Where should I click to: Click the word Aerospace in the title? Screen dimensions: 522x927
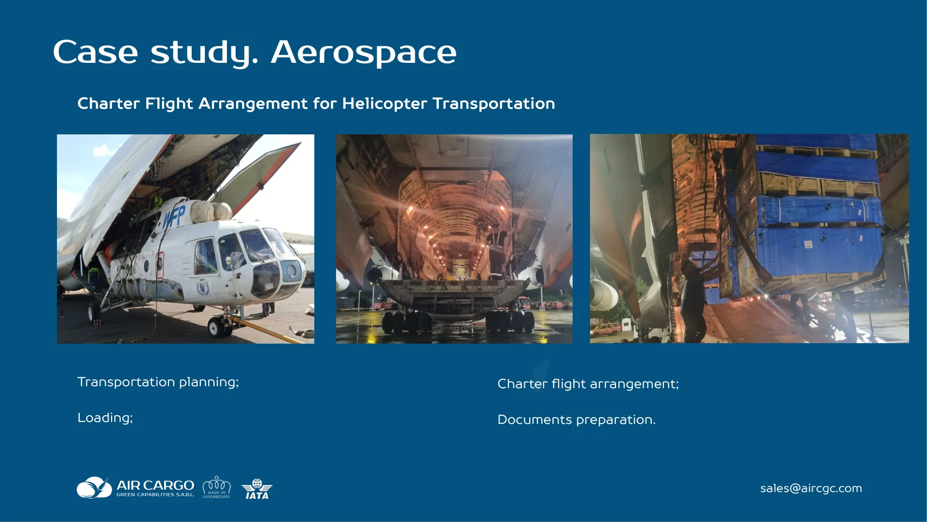click(x=363, y=52)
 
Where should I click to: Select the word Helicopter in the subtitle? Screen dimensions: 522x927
click(x=384, y=103)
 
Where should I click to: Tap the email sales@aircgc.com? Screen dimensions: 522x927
click(x=811, y=488)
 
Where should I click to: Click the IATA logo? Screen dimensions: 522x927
click(x=257, y=489)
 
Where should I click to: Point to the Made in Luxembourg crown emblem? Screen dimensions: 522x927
click(x=216, y=487)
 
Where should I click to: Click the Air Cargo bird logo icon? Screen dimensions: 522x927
click(x=94, y=488)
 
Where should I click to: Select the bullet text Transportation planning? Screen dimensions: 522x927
click(x=158, y=382)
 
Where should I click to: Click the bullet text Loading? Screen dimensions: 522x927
click(x=105, y=418)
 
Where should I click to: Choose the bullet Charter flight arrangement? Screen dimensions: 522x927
click(x=588, y=384)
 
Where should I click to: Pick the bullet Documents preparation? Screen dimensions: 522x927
click(x=576, y=420)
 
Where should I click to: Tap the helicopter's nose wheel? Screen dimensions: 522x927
click(x=216, y=327)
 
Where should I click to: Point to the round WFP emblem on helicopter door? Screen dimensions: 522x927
click(x=203, y=289)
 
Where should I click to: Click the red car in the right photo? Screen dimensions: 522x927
click(x=605, y=331)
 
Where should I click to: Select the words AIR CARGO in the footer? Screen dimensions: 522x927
click(x=155, y=485)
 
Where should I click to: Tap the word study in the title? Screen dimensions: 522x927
click(x=204, y=52)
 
